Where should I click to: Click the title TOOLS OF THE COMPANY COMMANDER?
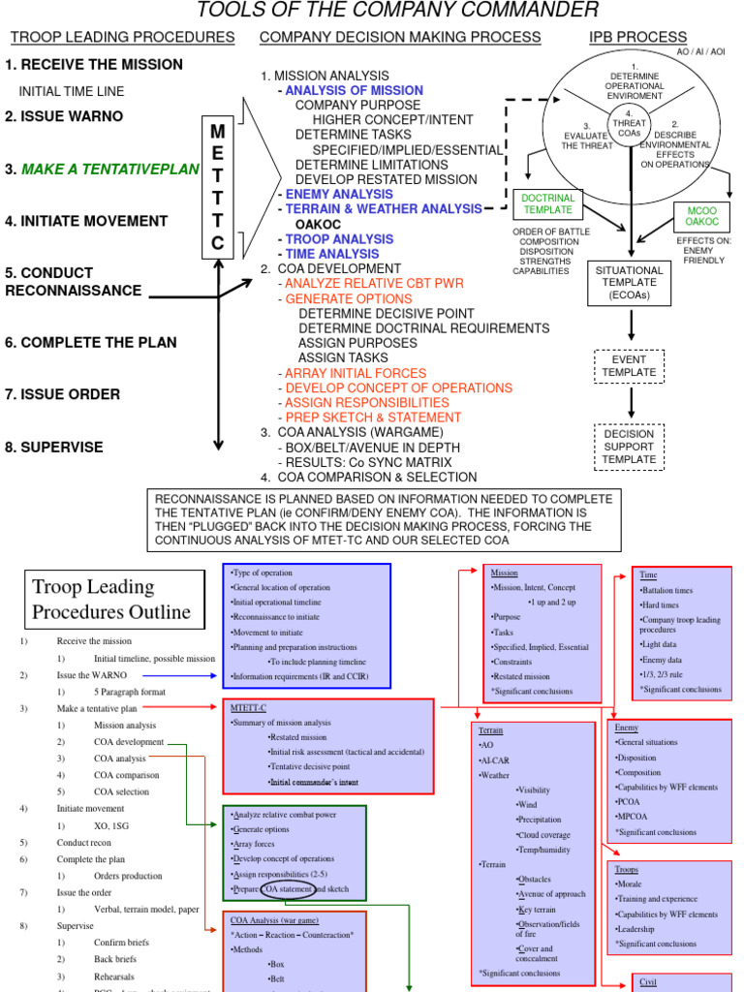pos(398,12)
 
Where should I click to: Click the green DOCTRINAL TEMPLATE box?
pos(548,203)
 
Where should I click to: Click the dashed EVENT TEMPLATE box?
pos(630,365)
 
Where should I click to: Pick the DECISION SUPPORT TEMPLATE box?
pos(630,447)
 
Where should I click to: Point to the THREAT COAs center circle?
pos(630,126)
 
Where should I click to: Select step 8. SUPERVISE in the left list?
pos(54,448)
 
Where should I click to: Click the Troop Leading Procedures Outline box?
pos(114,599)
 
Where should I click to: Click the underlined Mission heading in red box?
pos(505,573)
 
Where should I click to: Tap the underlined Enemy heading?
pos(626,728)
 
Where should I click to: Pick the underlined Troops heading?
pos(628,869)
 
